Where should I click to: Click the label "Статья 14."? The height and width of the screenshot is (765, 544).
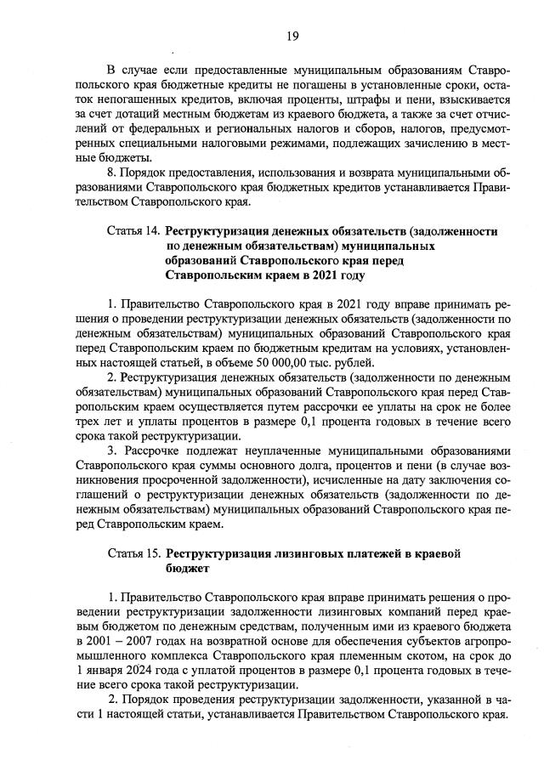click(x=134, y=230)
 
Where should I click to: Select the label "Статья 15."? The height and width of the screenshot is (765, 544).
click(x=134, y=553)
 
